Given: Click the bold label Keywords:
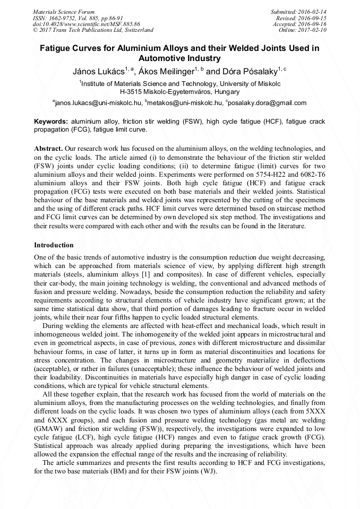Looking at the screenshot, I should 51,122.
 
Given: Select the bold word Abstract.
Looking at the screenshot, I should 48,150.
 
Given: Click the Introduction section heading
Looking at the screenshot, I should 54,245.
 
